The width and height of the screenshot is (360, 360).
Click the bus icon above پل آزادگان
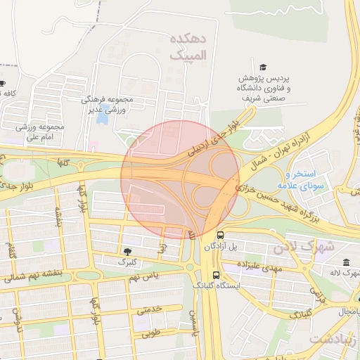click(221, 235)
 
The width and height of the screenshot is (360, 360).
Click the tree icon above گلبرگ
click(127, 251)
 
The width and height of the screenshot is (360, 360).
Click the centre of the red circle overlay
click(181, 179)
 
